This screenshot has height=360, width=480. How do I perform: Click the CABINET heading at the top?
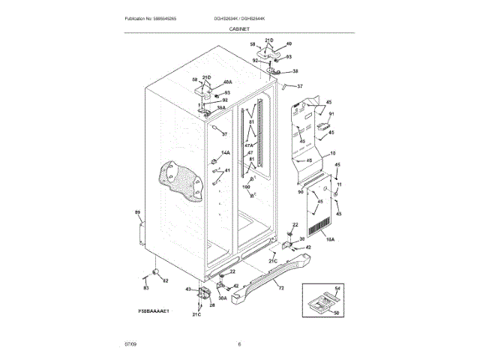(240, 28)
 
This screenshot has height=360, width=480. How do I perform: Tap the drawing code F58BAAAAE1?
(153, 310)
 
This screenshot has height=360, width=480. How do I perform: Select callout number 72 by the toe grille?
(281, 288)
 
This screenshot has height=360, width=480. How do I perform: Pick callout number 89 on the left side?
(137, 213)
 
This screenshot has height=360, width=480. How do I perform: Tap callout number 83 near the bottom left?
(146, 288)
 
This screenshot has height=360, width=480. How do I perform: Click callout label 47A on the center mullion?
(250, 146)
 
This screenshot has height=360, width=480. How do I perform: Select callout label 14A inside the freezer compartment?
(226, 153)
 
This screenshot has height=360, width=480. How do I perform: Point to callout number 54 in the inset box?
(337, 288)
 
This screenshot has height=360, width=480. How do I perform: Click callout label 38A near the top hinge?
(221, 107)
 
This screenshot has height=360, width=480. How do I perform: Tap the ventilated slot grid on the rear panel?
(319, 225)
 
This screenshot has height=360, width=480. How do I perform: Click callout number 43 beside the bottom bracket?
(188, 289)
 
